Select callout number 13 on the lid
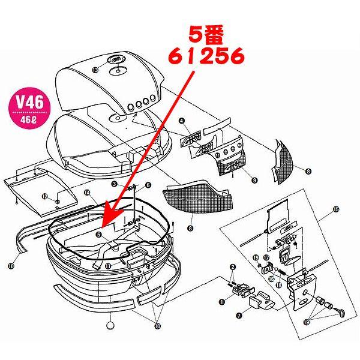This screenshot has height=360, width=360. [x=95, y=70]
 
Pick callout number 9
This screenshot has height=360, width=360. [x=254, y=179]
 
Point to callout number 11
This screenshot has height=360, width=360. [x=107, y=266]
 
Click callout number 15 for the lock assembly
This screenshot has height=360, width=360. [x=336, y=210]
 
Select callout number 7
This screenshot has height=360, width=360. [x=238, y=314]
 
